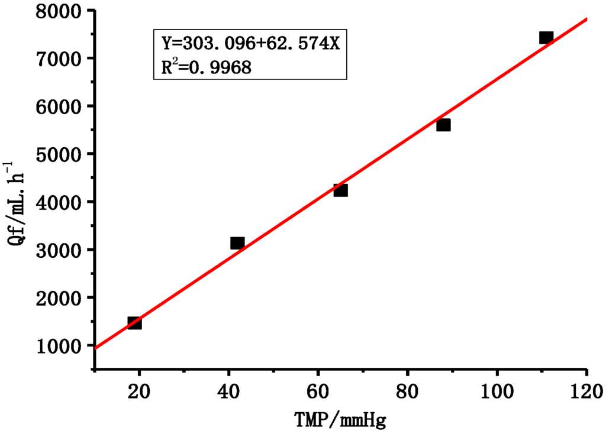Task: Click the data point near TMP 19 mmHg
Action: point(134,323)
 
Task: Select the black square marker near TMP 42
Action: point(237,243)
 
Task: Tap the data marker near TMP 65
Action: point(340,190)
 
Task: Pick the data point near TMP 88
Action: point(443,125)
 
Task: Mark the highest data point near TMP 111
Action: point(546,38)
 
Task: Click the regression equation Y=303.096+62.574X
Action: point(251,44)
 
